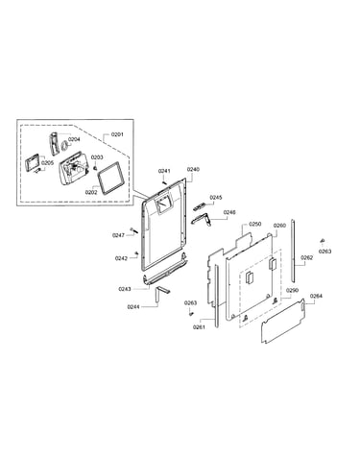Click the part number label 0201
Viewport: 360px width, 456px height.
[117, 134]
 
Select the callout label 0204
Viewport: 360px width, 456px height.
[74, 139]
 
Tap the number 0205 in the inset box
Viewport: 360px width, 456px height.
[47, 163]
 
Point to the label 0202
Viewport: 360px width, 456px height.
[91, 192]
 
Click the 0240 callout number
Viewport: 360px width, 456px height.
[193, 169]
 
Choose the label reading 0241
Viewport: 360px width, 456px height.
[164, 171]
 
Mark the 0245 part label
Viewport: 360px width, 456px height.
[216, 198]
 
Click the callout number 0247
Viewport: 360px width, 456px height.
[118, 235]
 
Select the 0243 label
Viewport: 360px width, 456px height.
[125, 289]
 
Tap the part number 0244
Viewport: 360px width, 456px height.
[133, 307]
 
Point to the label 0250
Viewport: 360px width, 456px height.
[255, 225]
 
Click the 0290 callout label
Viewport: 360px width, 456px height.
[292, 290]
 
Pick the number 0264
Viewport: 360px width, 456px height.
[316, 296]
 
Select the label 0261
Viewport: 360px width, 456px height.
[199, 327]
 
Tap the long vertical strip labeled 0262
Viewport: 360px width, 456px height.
[293, 251]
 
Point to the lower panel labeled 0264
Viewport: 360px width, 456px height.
[283, 321]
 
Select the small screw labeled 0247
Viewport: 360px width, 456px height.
[133, 229]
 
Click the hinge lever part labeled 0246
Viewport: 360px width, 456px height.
[202, 219]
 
